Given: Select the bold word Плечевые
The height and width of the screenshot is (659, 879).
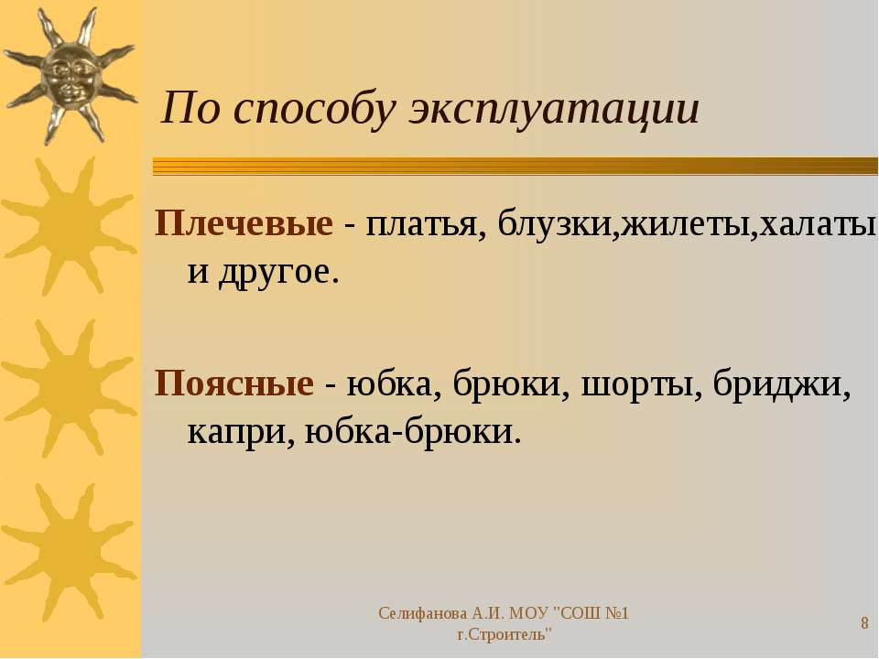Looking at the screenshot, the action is tap(244, 223).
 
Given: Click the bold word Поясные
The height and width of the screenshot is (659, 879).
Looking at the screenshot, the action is tap(233, 384).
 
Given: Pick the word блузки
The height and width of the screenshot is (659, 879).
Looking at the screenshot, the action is tap(558, 223).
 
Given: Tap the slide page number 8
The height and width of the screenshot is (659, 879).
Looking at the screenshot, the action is tap(864, 623).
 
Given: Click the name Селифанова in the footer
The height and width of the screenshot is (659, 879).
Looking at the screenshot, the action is tap(422, 613).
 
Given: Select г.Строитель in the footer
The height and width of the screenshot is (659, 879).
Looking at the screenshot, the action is tap(504, 635).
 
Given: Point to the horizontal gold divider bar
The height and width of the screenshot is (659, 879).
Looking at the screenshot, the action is tap(515, 167).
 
